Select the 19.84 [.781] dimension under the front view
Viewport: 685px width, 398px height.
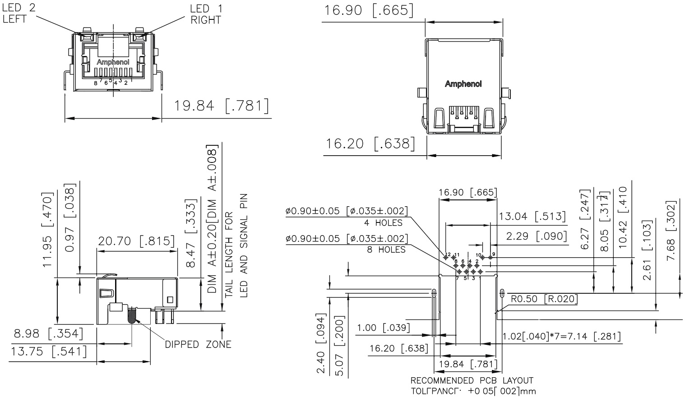[221, 106]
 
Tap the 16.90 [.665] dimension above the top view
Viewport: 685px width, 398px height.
[368, 10]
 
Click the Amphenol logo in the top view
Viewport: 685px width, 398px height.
[463, 84]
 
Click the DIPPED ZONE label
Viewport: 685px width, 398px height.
[198, 345]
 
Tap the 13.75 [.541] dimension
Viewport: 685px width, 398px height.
[48, 351]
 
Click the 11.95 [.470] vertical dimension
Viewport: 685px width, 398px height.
[48, 229]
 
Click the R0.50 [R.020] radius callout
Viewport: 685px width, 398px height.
[544, 299]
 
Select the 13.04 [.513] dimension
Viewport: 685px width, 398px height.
[532, 217]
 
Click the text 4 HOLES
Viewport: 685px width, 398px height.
[383, 222]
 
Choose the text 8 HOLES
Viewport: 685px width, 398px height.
[386, 249]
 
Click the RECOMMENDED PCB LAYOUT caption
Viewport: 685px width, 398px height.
[472, 380]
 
